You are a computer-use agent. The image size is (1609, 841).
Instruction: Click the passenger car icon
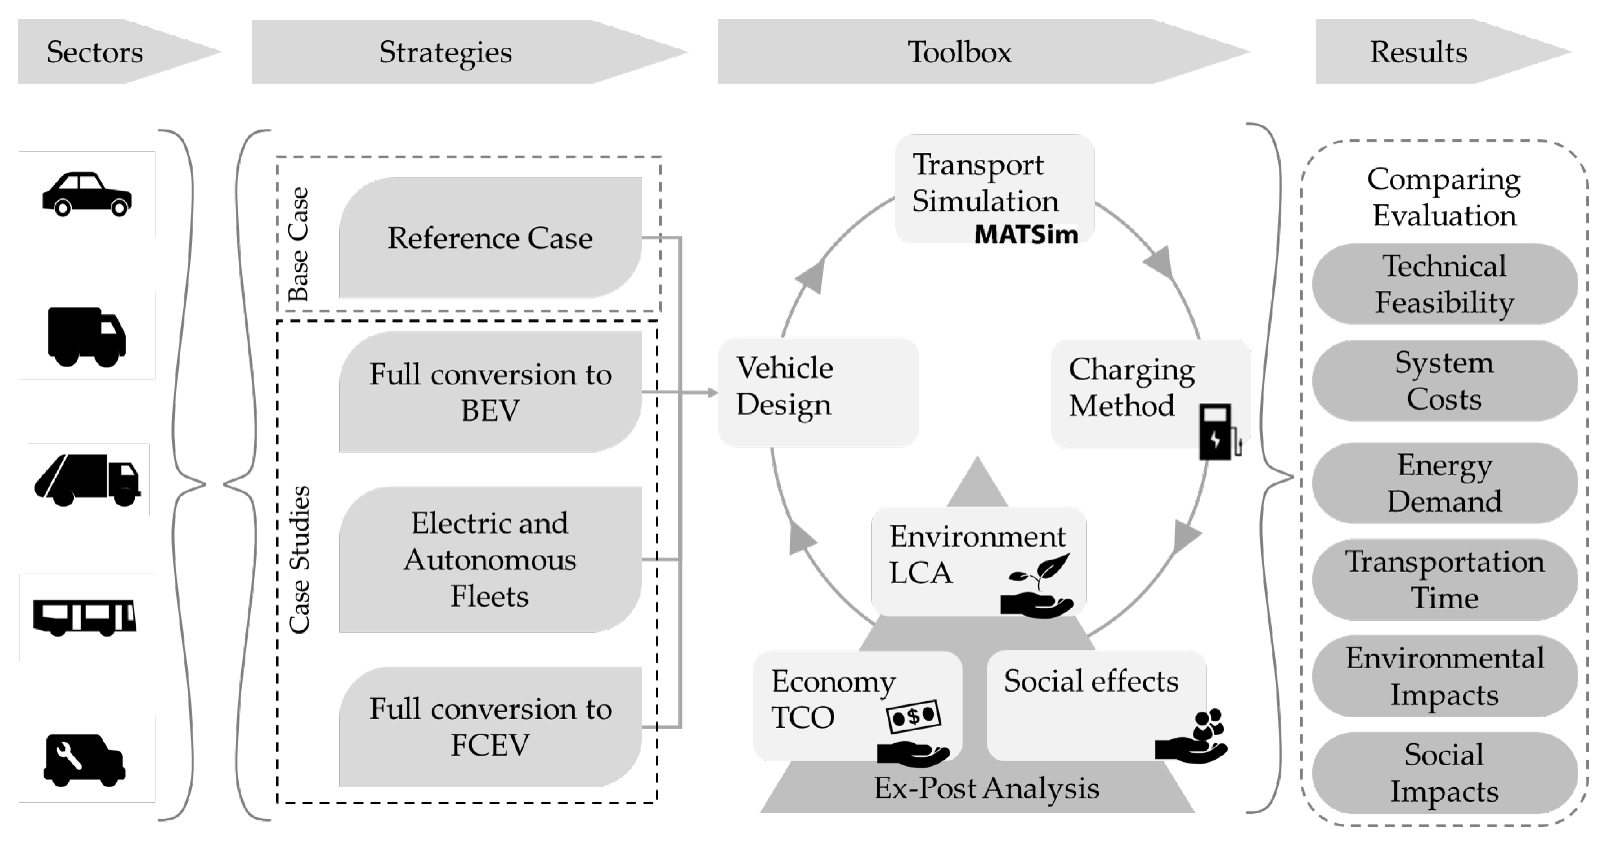87,194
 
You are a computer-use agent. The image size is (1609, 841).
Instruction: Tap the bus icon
85,617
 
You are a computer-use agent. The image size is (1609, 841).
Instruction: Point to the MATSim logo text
1026,235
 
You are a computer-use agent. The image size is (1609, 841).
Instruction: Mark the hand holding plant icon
1037,587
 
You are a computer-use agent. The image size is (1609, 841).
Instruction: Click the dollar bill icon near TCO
913,716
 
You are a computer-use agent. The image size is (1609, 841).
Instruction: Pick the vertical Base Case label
298,244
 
